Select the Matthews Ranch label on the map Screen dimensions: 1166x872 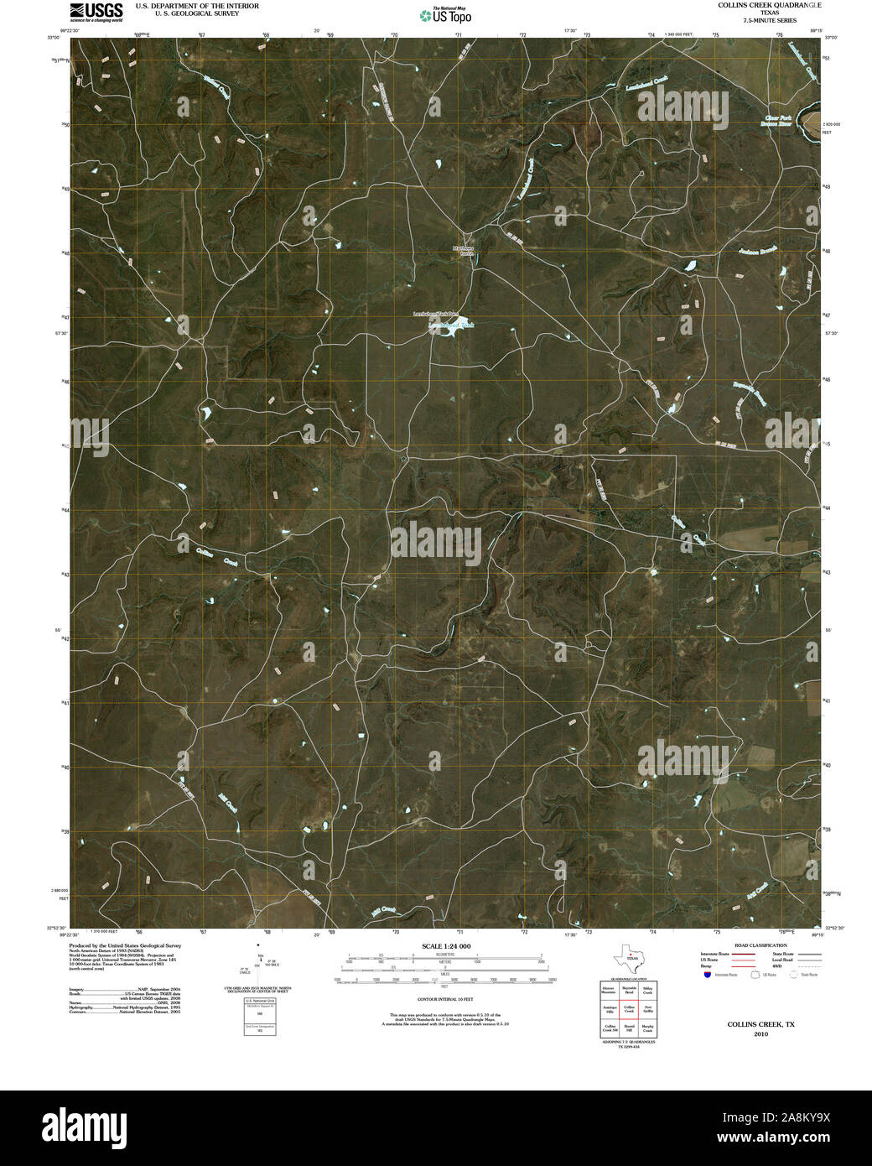463,250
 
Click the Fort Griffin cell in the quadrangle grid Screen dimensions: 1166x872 646,1011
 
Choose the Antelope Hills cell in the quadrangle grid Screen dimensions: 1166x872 609,1011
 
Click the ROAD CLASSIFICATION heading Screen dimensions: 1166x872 760,945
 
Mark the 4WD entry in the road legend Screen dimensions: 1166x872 799,967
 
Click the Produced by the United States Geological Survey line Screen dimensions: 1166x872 125,945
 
